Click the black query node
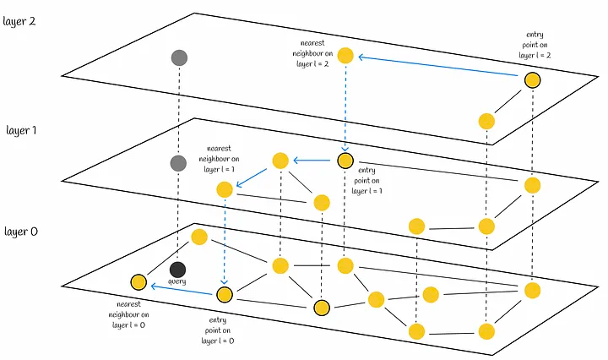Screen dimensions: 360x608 click(x=177, y=270)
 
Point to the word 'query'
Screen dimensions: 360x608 click(x=177, y=282)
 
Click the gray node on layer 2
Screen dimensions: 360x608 click(x=178, y=57)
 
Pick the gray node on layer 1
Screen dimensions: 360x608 click(x=177, y=163)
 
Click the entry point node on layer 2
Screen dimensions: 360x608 click(x=532, y=80)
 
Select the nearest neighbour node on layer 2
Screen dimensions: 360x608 click(x=345, y=56)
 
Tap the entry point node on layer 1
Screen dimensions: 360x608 click(x=345, y=160)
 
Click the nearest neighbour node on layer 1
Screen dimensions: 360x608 click(x=225, y=189)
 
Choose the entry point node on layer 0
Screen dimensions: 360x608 click(x=225, y=294)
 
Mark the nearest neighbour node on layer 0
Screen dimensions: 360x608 click(x=138, y=281)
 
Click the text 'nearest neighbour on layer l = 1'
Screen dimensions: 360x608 click(x=218, y=157)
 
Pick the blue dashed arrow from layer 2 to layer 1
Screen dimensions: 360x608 click(x=345, y=106)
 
